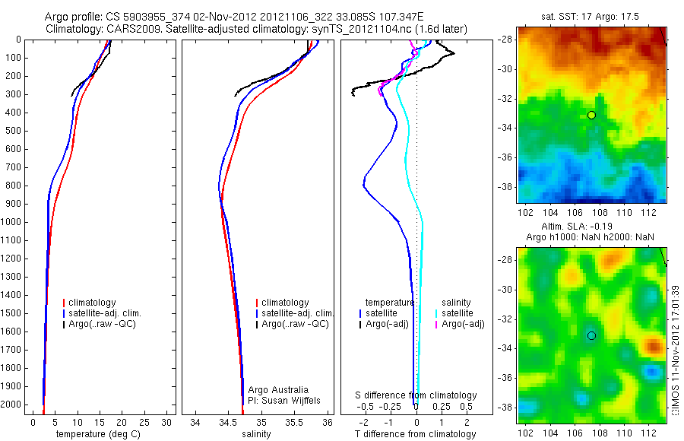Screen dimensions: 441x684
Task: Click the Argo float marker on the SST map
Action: (591, 115)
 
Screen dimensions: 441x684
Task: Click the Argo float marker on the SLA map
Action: (591, 335)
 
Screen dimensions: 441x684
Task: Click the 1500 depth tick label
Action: (11, 314)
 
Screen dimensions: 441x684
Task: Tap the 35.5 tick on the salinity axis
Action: (294, 421)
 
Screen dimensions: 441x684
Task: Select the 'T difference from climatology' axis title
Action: (415, 434)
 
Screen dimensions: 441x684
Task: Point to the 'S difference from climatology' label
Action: (416, 395)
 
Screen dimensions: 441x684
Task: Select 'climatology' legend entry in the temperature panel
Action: (95, 303)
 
